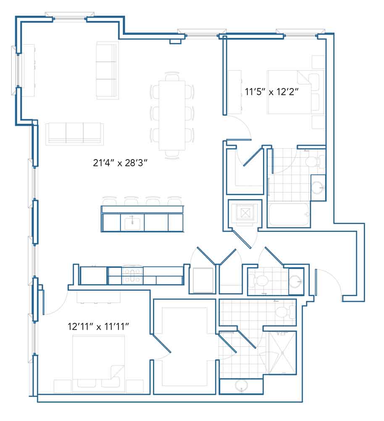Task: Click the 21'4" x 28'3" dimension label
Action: click(x=120, y=163)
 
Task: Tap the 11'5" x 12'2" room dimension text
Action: click(x=271, y=92)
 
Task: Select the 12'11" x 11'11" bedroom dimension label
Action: click(x=98, y=327)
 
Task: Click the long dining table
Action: click(x=172, y=115)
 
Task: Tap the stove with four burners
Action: click(x=132, y=275)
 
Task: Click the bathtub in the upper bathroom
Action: click(x=289, y=215)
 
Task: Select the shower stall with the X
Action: click(x=282, y=352)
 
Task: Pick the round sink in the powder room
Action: click(x=296, y=281)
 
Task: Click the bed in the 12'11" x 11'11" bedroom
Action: click(x=98, y=364)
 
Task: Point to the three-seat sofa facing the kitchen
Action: click(x=74, y=134)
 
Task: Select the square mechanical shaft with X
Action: click(x=245, y=213)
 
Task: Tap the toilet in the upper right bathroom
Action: click(x=313, y=162)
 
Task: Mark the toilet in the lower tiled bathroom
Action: click(x=284, y=312)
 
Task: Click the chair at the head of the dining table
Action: click(x=172, y=76)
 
